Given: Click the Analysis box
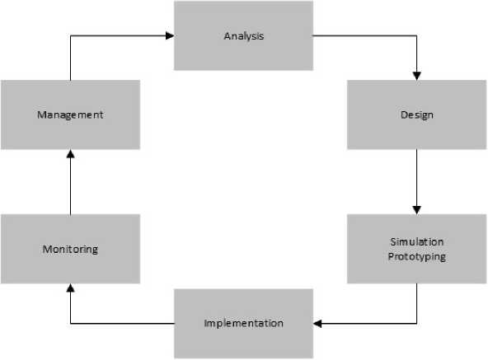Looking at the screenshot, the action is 243,35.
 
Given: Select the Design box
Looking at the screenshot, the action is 417,115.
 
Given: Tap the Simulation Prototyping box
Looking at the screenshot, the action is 417,249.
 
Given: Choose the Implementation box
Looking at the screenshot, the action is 243,324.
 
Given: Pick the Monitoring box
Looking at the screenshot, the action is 70,249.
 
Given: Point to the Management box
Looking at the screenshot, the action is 70,115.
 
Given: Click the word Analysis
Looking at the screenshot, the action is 244,36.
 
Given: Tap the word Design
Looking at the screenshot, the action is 417,115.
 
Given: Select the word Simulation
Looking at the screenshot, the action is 417,241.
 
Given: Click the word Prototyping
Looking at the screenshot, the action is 417,257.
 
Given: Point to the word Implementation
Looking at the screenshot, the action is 244,324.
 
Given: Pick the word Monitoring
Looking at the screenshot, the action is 70,250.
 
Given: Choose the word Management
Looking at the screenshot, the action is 70,115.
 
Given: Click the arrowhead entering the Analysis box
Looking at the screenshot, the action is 170,35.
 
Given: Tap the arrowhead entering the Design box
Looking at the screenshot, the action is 417,77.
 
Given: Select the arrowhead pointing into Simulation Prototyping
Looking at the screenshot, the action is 417,210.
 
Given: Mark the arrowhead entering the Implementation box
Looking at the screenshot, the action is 317,324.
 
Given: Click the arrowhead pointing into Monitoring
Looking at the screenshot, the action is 71,288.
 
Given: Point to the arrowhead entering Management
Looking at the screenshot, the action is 71,154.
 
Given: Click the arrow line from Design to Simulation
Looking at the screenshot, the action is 417,182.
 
